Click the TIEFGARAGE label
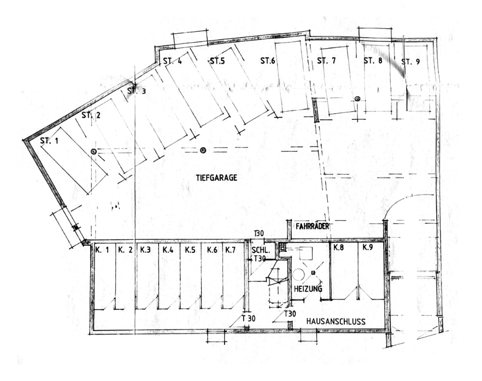[x=216, y=178]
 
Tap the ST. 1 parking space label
[x=49, y=141]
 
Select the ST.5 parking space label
[x=218, y=61]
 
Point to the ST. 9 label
[x=410, y=62]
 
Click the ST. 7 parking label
[x=326, y=61]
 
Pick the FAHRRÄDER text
[x=313, y=226]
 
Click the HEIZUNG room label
[x=308, y=288]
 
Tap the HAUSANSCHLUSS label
[x=336, y=321]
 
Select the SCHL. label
[x=260, y=250]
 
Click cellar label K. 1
[x=102, y=250]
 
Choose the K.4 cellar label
[x=168, y=250]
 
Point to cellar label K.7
[x=230, y=250]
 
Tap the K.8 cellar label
[x=338, y=247]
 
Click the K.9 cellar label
[x=368, y=247]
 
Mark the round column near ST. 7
[x=357, y=99]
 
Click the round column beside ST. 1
[x=93, y=151]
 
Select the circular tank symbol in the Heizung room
[x=298, y=275]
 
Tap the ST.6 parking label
[x=267, y=61]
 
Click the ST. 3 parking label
[x=137, y=91]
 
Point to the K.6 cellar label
[x=212, y=250]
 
